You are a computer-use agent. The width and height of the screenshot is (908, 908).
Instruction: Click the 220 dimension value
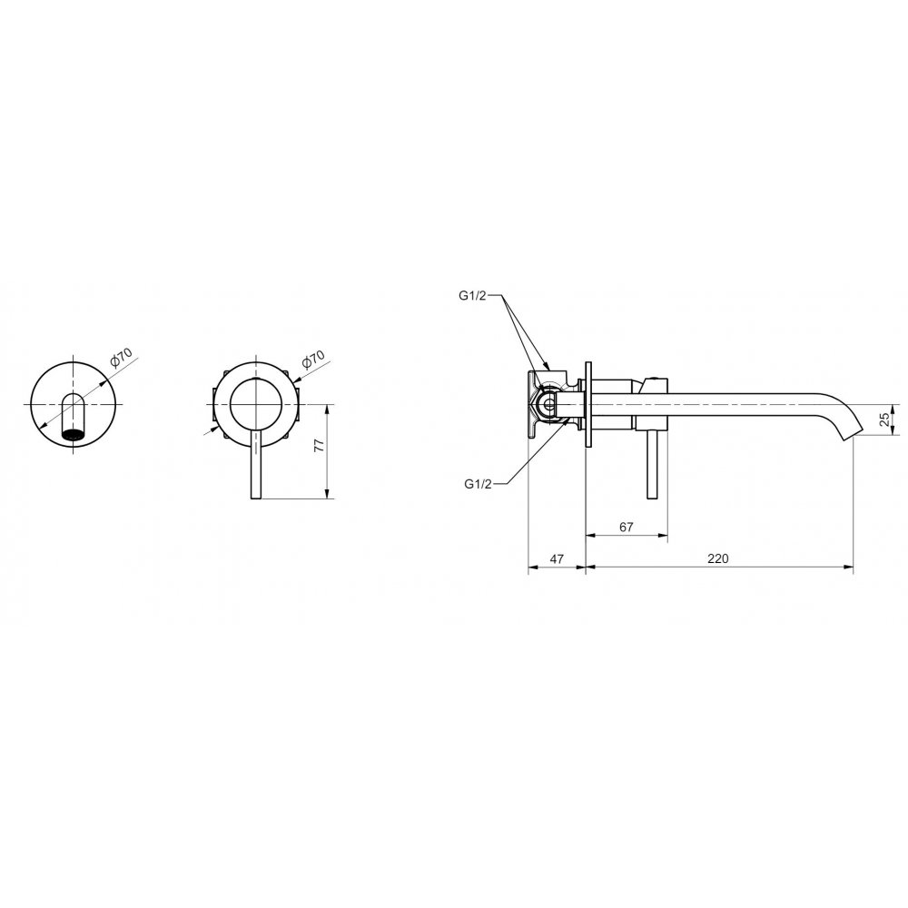coord(717,558)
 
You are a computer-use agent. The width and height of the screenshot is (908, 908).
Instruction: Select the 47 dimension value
coord(557,558)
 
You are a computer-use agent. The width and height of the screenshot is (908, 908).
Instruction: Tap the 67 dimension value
coord(626,527)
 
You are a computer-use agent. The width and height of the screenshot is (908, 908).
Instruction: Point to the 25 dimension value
coord(884,419)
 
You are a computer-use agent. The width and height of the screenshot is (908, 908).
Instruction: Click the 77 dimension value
coord(319,445)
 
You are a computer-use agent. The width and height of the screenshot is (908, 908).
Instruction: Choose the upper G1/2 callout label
coord(472,296)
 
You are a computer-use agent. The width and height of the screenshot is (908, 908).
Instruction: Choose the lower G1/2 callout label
coord(478,484)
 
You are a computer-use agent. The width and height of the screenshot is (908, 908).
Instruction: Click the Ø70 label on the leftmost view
coord(122,357)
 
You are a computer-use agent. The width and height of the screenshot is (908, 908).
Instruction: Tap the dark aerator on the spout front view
coord(72,435)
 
